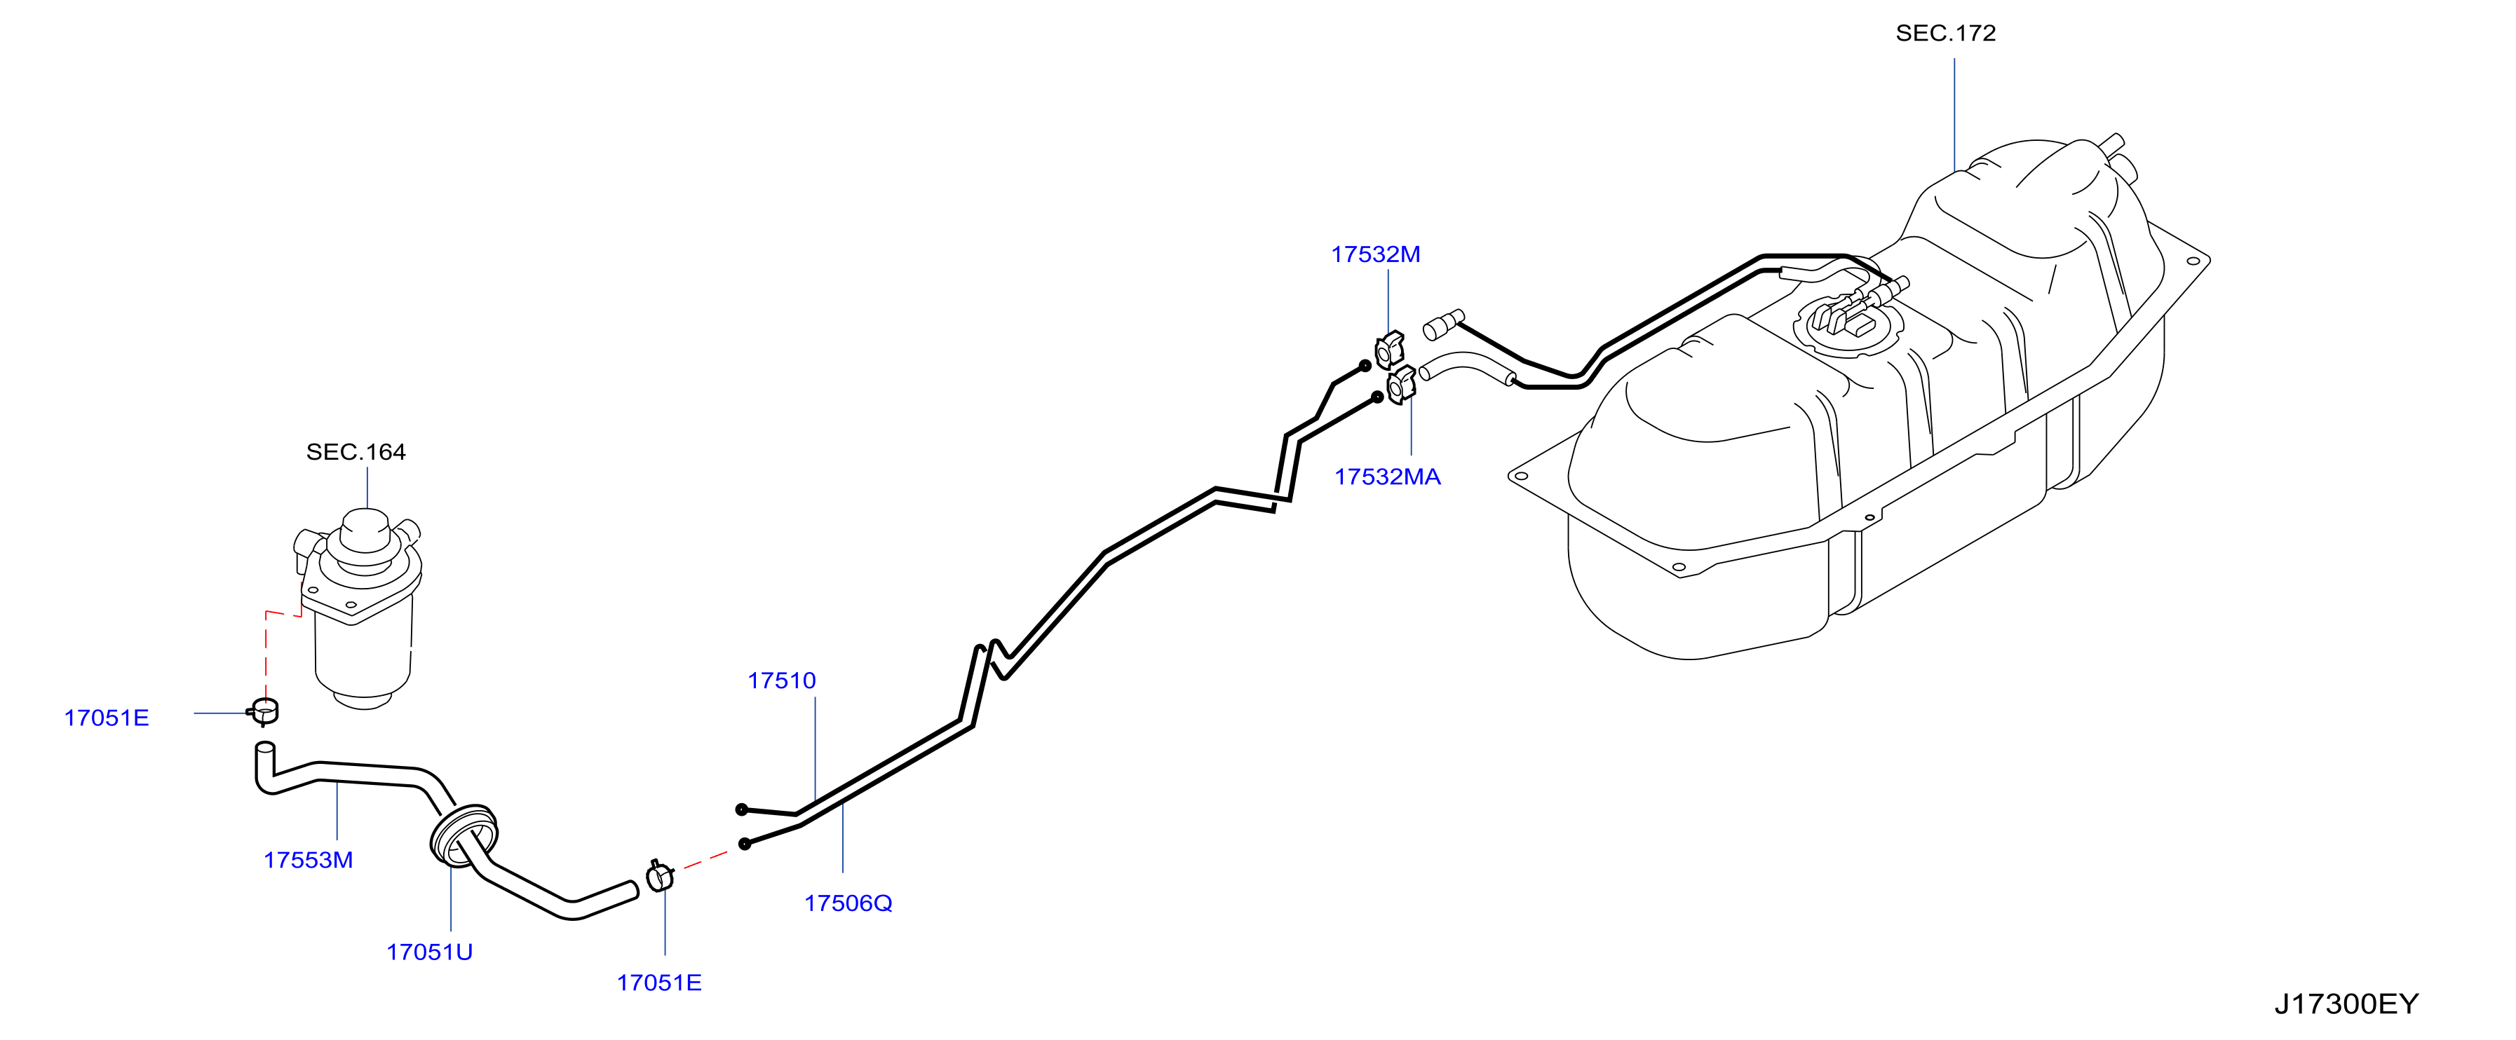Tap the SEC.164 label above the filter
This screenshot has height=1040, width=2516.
pyautogui.click(x=356, y=452)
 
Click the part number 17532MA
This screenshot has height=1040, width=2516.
pyautogui.click(x=1387, y=477)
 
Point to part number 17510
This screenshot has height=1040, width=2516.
pyautogui.click(x=781, y=680)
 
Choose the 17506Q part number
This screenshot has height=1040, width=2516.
pyautogui.click(x=848, y=903)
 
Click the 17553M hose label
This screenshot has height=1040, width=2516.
pyautogui.click(x=308, y=861)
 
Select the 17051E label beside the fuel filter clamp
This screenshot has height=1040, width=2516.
pyautogui.click(x=107, y=718)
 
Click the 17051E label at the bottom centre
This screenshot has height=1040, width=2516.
pyautogui.click(x=658, y=983)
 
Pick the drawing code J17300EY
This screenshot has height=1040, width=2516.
pyautogui.click(x=2346, y=1004)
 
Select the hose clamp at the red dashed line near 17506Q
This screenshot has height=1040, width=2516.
pyautogui.click(x=661, y=876)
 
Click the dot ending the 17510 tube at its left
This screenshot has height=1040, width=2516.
pyautogui.click(x=741, y=809)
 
